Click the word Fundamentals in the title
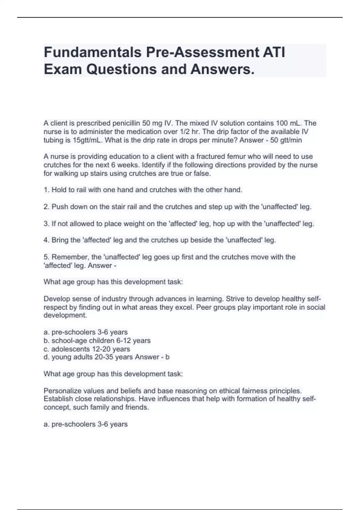(x=92, y=52)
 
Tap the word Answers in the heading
(x=222, y=69)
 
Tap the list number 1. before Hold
(x=46, y=190)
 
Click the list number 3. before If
(x=46, y=224)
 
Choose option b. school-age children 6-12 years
(x=97, y=341)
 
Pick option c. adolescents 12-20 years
(x=87, y=349)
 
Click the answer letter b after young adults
(x=167, y=357)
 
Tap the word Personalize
(x=61, y=391)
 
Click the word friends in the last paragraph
(x=137, y=407)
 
